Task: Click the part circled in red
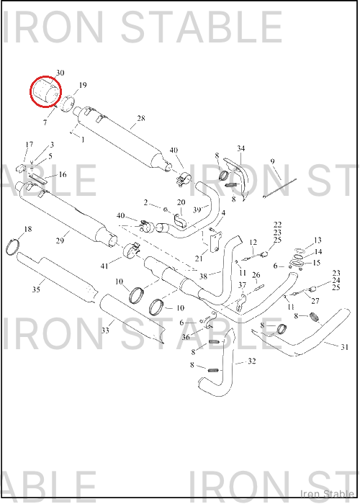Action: tap(46, 91)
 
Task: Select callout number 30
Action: tap(60, 73)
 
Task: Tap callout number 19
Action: tap(83, 85)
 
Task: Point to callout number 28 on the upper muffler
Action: tap(141, 118)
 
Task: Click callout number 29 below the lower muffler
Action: tap(60, 240)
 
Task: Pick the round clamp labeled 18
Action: tap(13, 246)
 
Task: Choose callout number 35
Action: tap(36, 289)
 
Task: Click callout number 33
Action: tap(105, 330)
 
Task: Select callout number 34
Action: tap(241, 148)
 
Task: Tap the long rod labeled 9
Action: tap(279, 189)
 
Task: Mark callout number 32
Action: tap(252, 361)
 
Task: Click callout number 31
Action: tap(345, 347)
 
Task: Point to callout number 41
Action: tap(104, 266)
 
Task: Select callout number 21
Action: tap(199, 258)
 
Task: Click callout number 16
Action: tap(63, 174)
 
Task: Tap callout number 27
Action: tap(315, 301)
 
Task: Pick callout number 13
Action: tap(318, 240)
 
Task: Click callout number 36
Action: tap(186, 338)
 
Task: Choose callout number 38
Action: tap(203, 276)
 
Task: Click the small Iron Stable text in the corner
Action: tap(327, 494)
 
